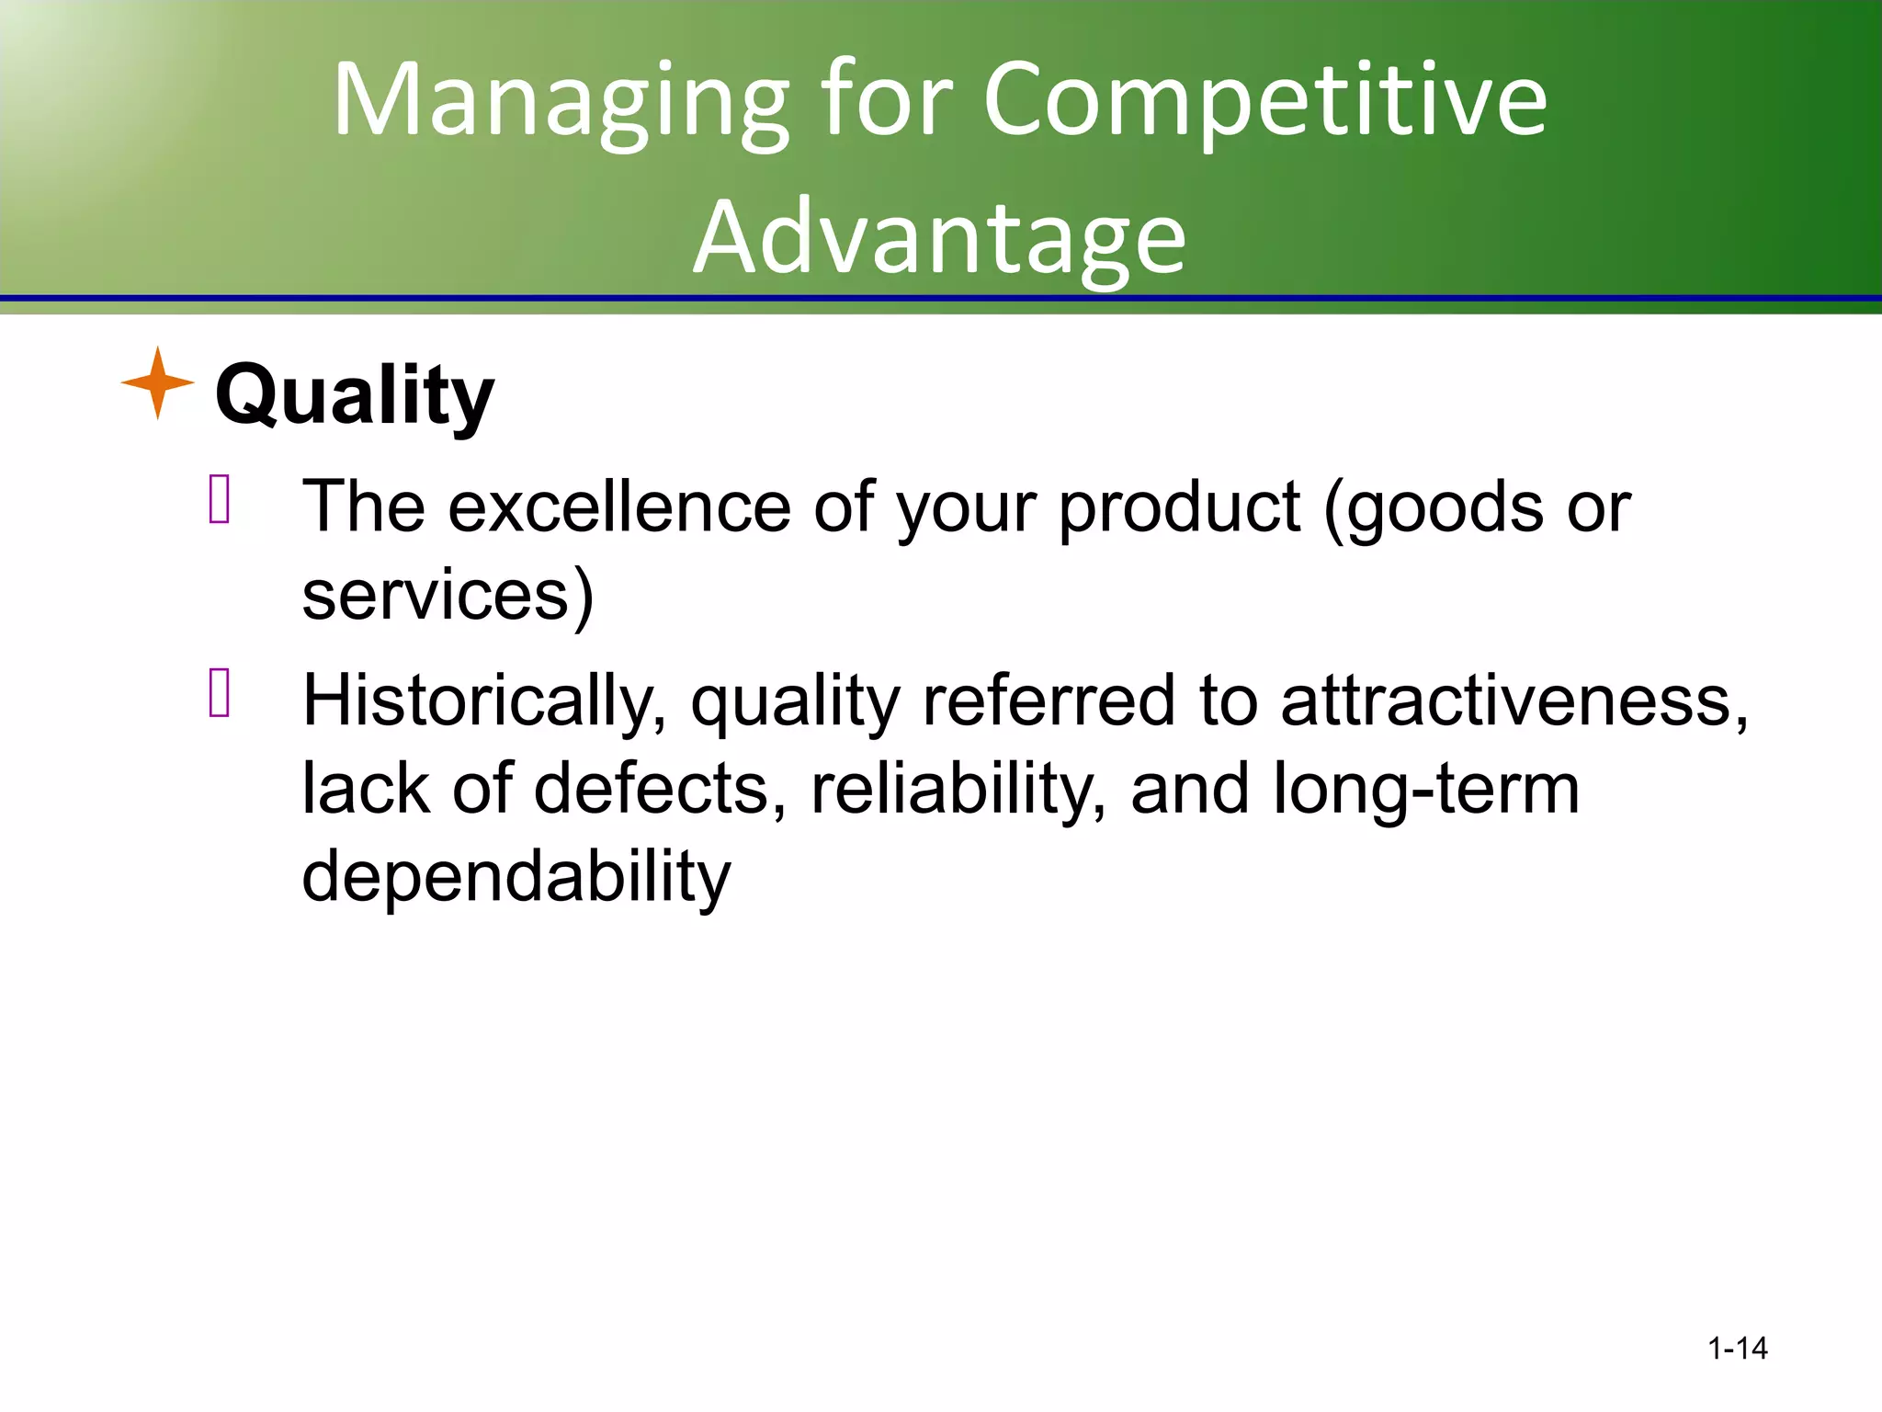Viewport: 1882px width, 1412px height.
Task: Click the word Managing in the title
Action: (561, 101)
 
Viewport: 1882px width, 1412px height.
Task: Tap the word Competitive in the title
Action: (1264, 101)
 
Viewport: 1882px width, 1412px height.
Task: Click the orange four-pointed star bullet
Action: (157, 382)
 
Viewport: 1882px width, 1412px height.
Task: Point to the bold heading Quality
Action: (355, 395)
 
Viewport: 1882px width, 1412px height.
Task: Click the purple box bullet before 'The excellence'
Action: (220, 499)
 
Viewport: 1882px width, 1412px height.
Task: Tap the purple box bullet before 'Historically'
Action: (220, 692)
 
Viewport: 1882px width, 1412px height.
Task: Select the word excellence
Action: (619, 507)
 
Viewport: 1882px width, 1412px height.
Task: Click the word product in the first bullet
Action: (1179, 507)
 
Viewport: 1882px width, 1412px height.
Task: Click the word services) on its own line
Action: (448, 596)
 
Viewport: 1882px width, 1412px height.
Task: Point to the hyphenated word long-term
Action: (1426, 789)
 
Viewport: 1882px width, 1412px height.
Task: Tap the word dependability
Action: (516, 877)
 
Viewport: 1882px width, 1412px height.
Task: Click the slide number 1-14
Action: (1737, 1349)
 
